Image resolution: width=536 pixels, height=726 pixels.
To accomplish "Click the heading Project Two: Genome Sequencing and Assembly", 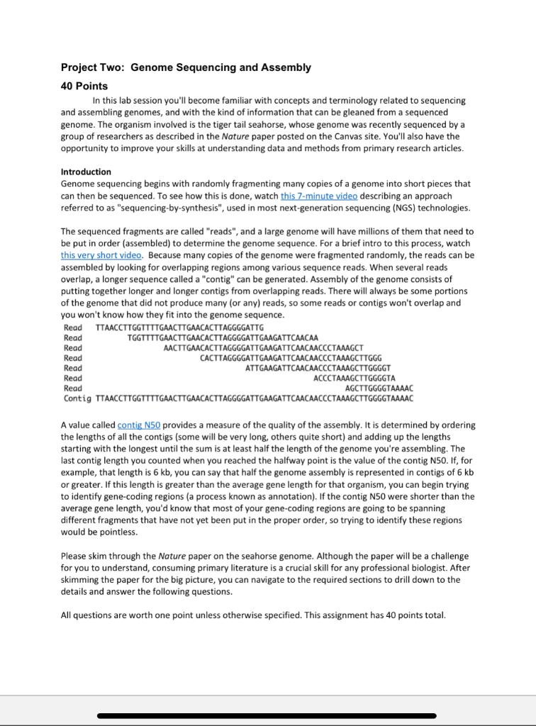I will tap(186, 67).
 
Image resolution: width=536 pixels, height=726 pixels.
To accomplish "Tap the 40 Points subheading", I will tap(84, 86).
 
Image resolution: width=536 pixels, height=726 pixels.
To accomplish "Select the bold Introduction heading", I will tap(86, 172).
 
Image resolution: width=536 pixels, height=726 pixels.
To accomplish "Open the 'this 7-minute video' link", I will tap(318, 196).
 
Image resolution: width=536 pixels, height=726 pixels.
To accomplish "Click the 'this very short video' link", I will tap(101, 255).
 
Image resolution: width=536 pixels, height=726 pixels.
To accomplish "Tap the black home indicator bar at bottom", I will tap(267, 715).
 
